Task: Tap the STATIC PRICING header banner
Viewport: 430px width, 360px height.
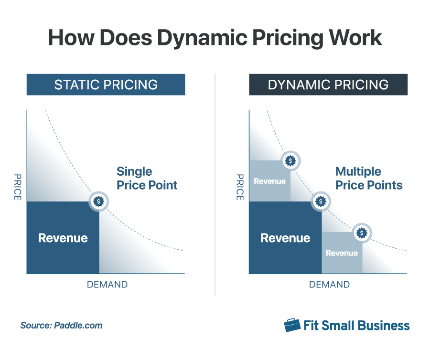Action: coord(106,85)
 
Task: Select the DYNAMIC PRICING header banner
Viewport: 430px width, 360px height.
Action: coord(328,85)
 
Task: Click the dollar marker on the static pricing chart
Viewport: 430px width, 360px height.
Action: coord(99,201)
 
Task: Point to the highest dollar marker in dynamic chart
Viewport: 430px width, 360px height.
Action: coord(290,161)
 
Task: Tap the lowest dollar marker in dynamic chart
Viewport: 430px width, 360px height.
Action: coord(362,233)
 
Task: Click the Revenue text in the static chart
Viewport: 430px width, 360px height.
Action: coord(63,238)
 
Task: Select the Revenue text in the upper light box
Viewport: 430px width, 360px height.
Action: coord(269,181)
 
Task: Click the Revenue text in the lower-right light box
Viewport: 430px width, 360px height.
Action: coord(342,253)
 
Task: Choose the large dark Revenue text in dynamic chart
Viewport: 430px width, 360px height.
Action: coord(285,238)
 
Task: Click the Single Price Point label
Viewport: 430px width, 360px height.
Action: coord(147,178)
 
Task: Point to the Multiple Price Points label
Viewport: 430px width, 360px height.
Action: coord(368,178)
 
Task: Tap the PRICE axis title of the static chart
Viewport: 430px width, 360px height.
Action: coord(17,187)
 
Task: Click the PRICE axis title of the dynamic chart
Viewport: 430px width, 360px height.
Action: coord(240,187)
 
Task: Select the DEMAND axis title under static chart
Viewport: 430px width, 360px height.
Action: coord(107,285)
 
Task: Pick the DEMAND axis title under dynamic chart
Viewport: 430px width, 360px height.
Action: coord(329,285)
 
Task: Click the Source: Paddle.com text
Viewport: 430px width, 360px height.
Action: coord(61,326)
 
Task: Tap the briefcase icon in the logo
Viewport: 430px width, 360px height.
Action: coord(292,325)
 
